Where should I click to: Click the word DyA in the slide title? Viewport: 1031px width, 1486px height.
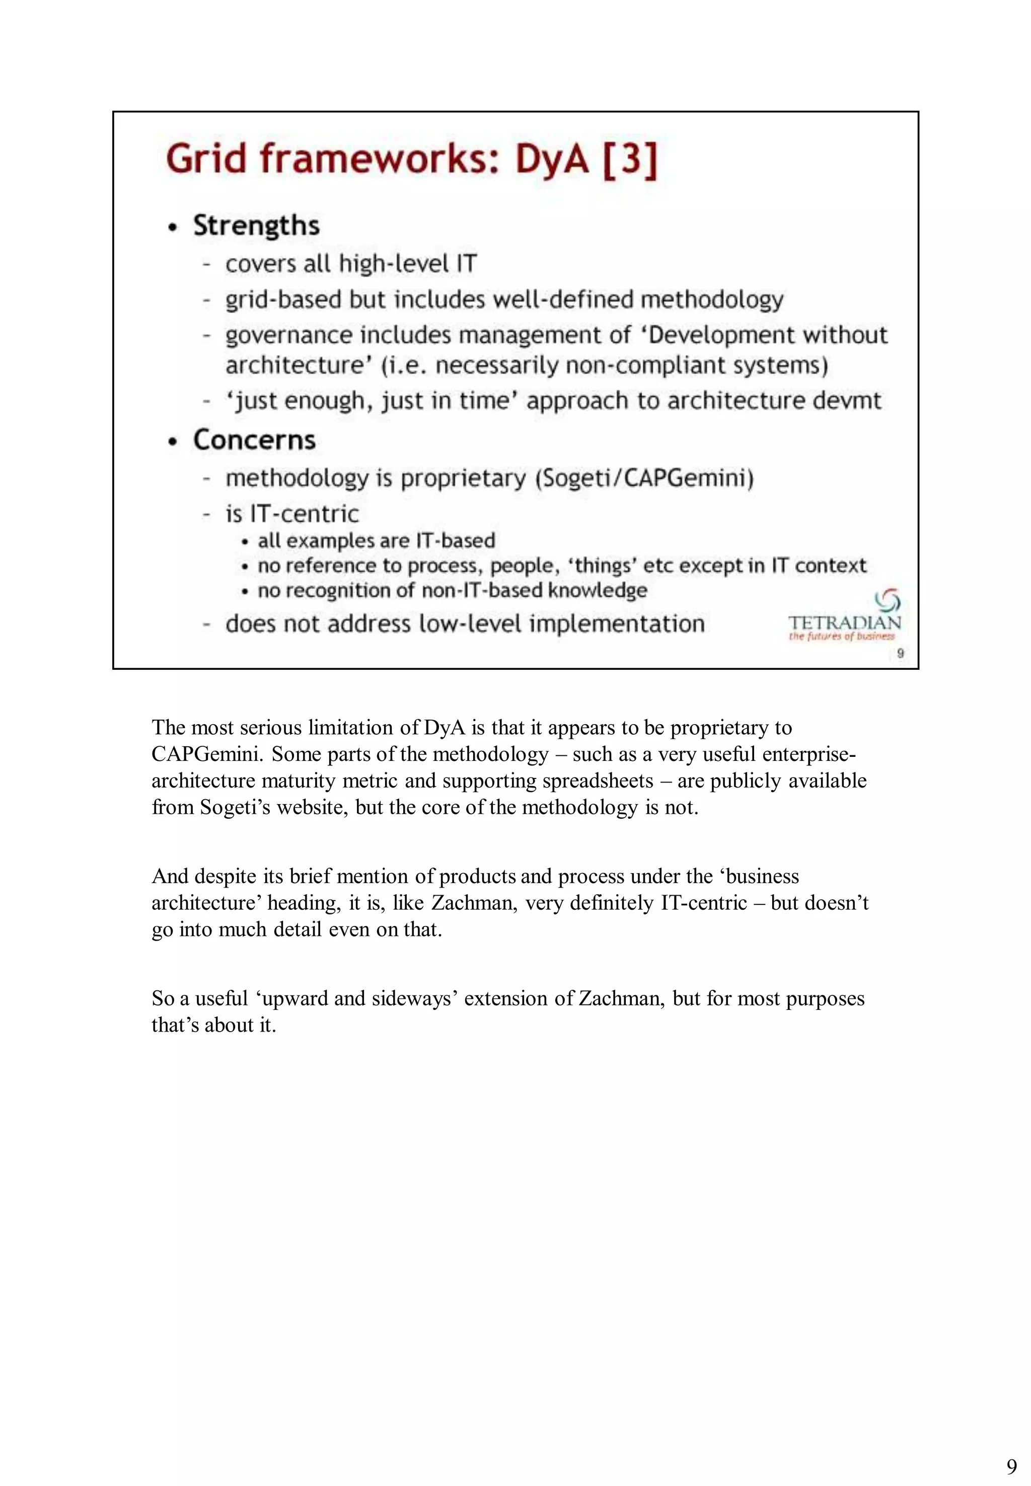click(x=552, y=159)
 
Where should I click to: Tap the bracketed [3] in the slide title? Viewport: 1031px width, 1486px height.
click(x=630, y=159)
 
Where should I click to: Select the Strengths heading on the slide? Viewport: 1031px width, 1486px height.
click(x=256, y=226)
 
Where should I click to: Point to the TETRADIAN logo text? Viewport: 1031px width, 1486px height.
click(x=844, y=623)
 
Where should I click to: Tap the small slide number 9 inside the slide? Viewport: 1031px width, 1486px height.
click(x=901, y=654)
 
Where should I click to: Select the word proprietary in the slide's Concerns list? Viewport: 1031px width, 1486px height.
click(x=463, y=479)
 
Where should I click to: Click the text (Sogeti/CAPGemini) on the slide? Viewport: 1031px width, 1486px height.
click(x=644, y=479)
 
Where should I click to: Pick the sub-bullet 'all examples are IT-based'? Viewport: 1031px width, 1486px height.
click(x=376, y=540)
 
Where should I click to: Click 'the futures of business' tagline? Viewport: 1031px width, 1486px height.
click(x=842, y=637)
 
